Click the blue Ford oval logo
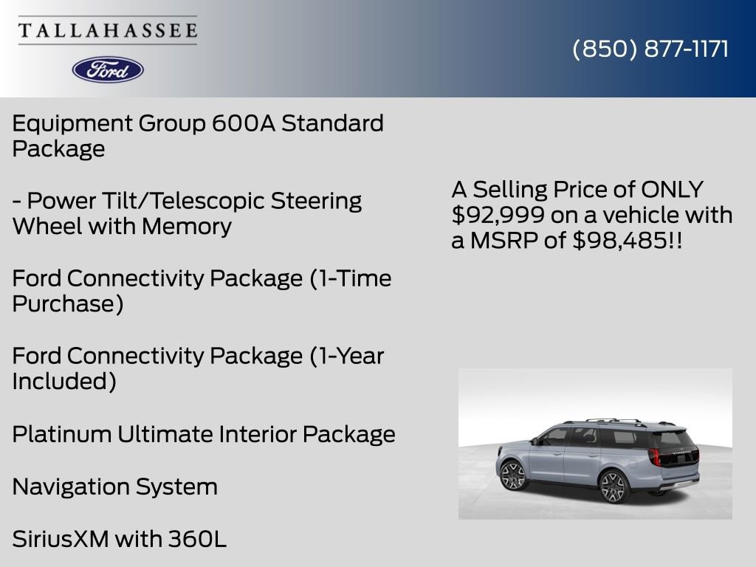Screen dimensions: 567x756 108,69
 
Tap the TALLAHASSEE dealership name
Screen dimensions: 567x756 108,30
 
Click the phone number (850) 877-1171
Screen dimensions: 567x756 650,49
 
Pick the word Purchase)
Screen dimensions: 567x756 67,304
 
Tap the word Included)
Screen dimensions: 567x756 64,382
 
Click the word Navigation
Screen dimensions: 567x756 71,487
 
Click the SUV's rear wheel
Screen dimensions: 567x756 612,487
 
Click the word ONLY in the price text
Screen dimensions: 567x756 672,190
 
